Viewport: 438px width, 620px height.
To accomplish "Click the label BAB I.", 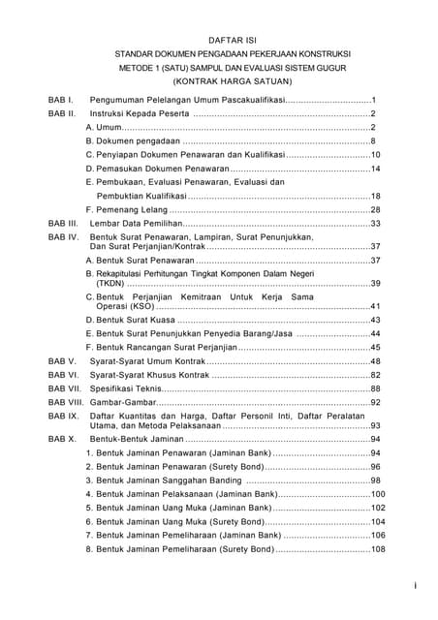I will [x=61, y=100].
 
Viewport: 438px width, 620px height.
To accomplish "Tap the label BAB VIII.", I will [x=66, y=402].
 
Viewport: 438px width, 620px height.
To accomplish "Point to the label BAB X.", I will [x=62, y=439].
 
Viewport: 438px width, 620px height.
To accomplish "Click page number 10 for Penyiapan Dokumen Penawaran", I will [x=375, y=155].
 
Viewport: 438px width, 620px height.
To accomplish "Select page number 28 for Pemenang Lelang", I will [x=375, y=209].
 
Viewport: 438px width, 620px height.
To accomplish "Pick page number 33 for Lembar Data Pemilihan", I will [x=375, y=223].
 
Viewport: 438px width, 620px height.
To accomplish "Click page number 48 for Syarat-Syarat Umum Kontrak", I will [x=375, y=361].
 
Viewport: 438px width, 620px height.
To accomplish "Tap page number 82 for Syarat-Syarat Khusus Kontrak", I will [x=375, y=375].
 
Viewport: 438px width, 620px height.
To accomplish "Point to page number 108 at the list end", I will [x=378, y=549].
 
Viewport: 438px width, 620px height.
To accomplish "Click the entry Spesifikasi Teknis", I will [x=125, y=388].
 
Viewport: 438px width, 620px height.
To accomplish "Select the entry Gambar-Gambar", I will [x=122, y=402].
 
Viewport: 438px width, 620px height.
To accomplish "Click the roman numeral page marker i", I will [x=415, y=585].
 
